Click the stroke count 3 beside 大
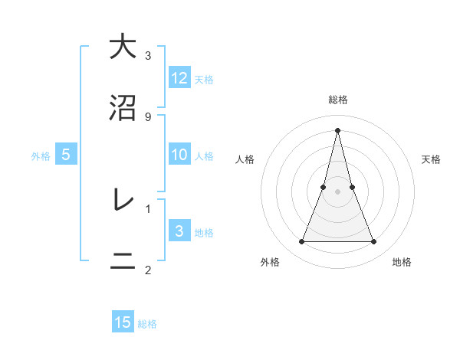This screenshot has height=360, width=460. pos(148,55)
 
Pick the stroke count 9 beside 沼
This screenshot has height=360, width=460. pos(148,117)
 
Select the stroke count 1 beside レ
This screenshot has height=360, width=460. pos(148,208)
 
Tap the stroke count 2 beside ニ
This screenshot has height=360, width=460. pos(148,270)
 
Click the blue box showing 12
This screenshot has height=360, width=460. pos(179,77)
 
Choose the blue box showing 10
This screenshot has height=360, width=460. pos(179,155)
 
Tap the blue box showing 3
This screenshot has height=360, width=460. pos(179,231)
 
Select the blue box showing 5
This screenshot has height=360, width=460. pos(66,155)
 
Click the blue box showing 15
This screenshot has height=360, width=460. pos(123,322)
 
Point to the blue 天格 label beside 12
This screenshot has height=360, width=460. pos(204,79)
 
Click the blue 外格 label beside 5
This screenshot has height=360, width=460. pos(41,156)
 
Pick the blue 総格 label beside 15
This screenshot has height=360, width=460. pos(147,324)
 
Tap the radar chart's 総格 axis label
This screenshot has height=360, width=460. pos(338,100)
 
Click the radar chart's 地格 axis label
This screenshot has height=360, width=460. pos(402,263)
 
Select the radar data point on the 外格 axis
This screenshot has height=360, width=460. pos(301,242)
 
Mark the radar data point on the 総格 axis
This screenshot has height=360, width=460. pos(338,129)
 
